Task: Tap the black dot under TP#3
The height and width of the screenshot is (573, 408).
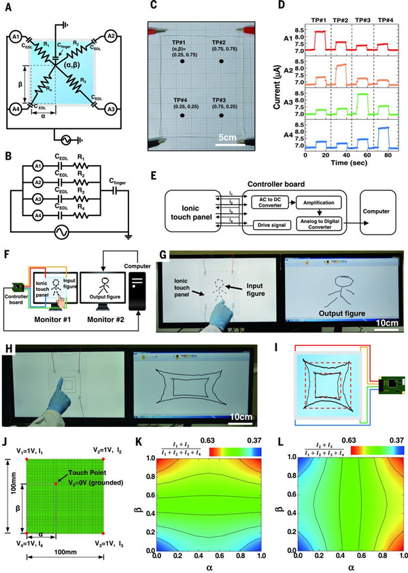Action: (x=222, y=118)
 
